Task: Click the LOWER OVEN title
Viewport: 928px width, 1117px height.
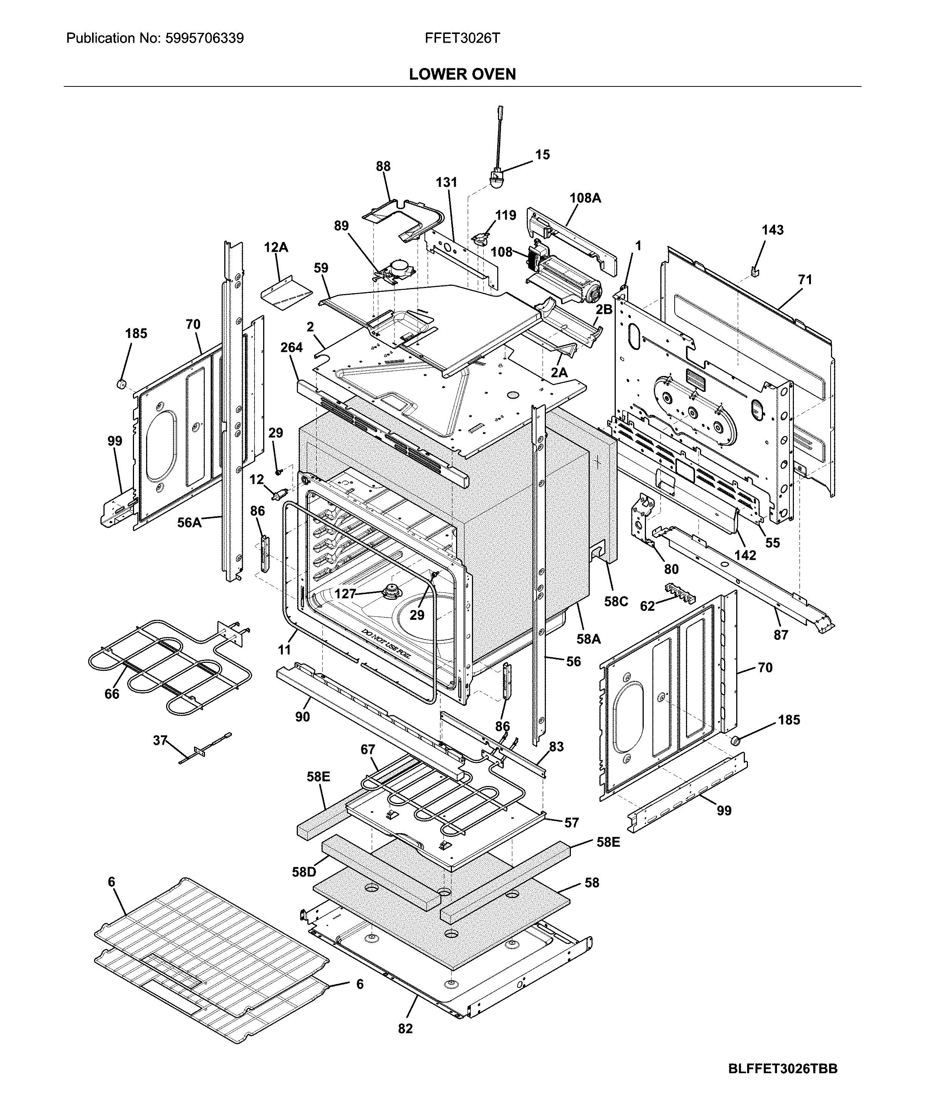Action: (x=462, y=74)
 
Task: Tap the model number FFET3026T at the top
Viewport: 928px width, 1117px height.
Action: (x=462, y=38)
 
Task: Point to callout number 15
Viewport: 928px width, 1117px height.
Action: (x=542, y=155)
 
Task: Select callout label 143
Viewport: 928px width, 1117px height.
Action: (x=772, y=230)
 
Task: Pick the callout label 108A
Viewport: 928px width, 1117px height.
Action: (x=585, y=198)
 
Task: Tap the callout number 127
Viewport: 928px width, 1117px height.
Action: (x=345, y=593)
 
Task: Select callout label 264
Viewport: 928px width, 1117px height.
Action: (x=291, y=347)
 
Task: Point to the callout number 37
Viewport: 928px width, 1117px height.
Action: (x=160, y=740)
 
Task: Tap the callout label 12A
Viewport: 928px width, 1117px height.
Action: (x=276, y=247)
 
